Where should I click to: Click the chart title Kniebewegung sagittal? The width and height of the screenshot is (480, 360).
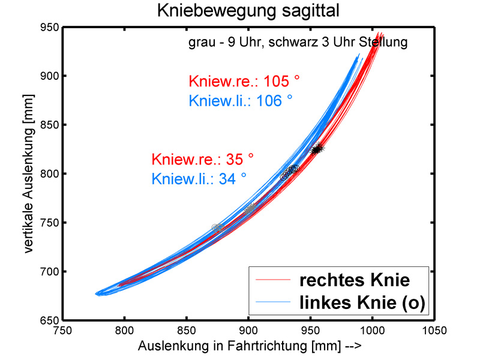240,10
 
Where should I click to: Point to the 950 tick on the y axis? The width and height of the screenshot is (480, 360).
49,27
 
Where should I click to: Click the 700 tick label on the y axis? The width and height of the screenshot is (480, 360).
49,272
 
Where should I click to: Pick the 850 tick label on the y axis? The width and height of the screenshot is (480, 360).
49,125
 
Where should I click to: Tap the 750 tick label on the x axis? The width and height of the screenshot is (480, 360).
62,331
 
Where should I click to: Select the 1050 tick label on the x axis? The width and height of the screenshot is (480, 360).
433,331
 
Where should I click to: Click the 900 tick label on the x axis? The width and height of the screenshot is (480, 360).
248,331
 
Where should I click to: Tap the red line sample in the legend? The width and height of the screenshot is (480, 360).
273,279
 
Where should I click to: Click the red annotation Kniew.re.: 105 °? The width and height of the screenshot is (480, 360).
235,82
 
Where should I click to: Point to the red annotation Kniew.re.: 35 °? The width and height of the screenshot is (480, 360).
202,160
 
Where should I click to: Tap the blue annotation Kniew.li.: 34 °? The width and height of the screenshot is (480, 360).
199,178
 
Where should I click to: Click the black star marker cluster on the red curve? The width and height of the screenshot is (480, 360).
316,149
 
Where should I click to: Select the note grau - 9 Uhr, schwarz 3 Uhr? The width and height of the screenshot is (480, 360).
297,43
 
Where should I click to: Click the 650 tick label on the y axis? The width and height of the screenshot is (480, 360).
49,321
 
